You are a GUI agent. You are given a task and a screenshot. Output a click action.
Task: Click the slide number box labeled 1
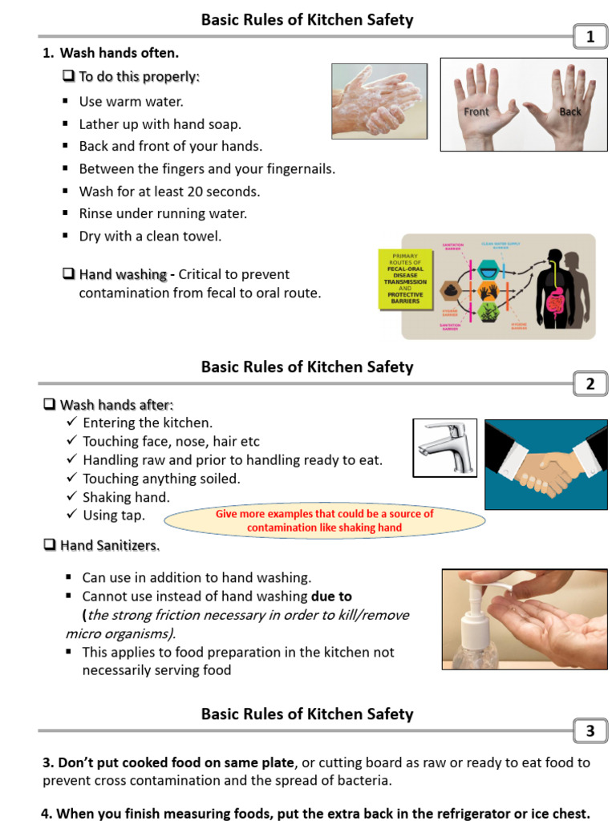pos(590,37)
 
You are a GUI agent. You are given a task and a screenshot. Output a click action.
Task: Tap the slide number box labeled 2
pos(590,384)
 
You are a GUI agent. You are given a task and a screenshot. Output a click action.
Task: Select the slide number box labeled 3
pos(590,730)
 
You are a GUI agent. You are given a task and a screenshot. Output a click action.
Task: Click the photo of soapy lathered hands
pos(377,101)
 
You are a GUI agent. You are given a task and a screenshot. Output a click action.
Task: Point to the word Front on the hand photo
pos(476,112)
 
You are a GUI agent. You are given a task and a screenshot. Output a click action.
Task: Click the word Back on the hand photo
pos(570,112)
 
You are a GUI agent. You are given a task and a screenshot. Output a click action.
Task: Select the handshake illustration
pos(546,464)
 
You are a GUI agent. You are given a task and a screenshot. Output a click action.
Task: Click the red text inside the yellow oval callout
pos(324,520)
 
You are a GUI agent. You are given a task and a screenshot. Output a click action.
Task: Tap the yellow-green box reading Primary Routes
pos(405,279)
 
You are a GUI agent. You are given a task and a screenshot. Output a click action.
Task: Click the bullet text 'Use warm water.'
pos(132,102)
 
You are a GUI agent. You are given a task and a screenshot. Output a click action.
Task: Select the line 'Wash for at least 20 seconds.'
pos(169,192)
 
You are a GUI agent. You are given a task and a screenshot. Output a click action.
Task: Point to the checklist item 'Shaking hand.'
pos(126,497)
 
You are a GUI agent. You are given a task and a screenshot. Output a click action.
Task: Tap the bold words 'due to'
pos(331,597)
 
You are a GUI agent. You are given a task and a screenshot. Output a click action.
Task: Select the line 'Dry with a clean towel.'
pos(150,237)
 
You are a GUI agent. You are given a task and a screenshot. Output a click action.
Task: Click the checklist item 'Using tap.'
pos(113,516)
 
